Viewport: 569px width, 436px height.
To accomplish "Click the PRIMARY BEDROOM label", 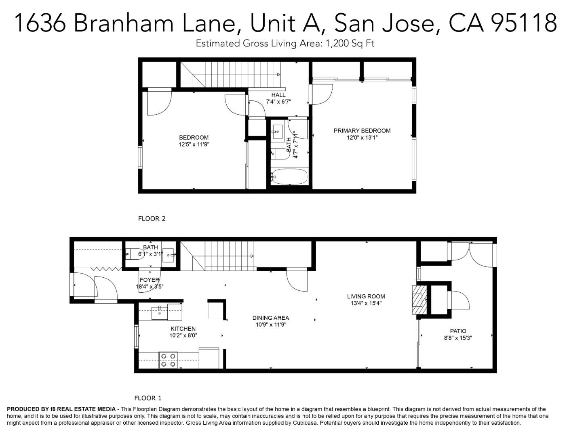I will click(x=362, y=130).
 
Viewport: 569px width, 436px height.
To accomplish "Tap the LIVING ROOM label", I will click(x=366, y=296).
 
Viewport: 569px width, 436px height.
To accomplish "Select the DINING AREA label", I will click(x=270, y=318).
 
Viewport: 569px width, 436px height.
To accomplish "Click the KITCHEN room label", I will click(x=183, y=329).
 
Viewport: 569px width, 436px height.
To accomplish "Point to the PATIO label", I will click(x=458, y=331).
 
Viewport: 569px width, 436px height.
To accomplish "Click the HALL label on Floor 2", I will click(x=278, y=95).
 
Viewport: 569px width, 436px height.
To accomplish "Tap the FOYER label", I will click(x=150, y=280).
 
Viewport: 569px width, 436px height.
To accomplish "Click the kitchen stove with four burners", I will click(x=168, y=360).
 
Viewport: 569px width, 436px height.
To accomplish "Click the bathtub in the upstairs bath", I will click(x=289, y=176).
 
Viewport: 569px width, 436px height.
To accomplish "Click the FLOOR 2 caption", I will click(x=152, y=219).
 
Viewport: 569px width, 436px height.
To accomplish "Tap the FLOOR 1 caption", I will click(x=148, y=398).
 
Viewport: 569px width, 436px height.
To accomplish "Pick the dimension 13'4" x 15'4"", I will click(x=366, y=303).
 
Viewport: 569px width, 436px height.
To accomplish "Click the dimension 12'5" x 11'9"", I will click(x=194, y=144).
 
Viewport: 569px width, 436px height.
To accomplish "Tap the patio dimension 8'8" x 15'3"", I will click(x=458, y=338).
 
